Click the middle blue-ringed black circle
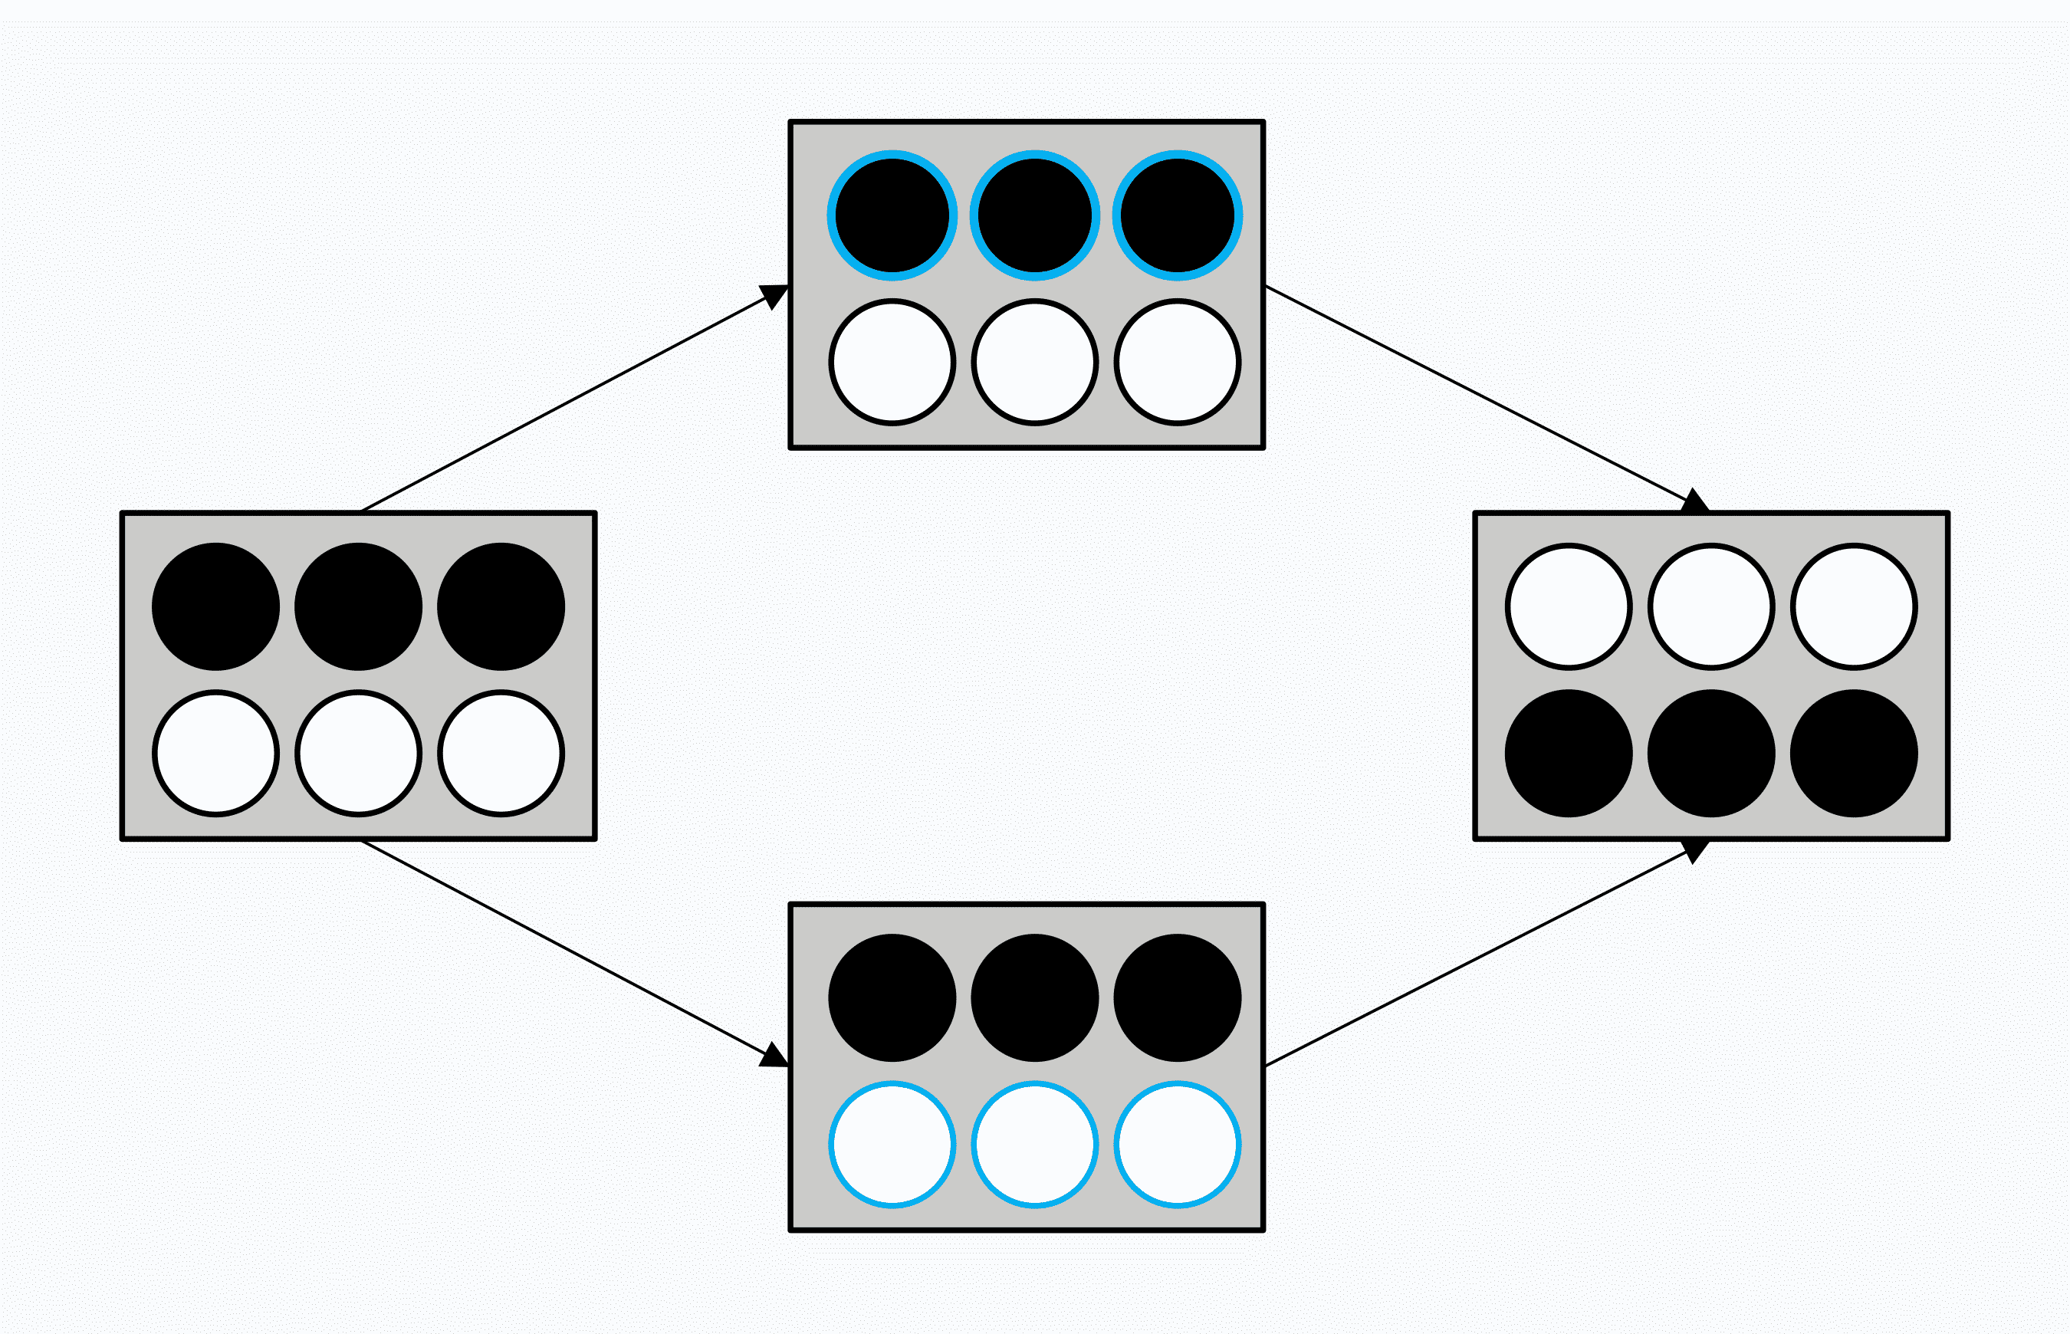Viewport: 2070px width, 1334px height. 1034,215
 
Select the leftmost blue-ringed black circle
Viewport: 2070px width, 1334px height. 892,215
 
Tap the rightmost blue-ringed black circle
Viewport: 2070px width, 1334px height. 1177,215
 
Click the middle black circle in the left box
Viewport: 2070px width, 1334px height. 358,606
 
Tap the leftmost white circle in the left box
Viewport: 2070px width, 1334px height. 215,754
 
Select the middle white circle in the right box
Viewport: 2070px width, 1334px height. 1710,606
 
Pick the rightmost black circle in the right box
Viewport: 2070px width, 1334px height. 1854,754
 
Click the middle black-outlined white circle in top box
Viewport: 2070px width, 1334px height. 1034,362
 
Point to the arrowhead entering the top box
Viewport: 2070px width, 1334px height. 774,296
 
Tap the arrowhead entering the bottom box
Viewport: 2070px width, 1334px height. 774,1056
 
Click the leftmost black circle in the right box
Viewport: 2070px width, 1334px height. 1569,754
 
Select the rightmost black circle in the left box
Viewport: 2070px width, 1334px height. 501,606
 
